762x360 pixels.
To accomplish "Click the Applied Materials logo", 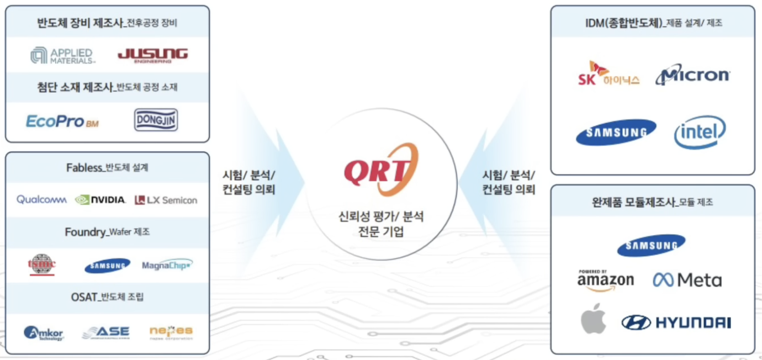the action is click(62, 55).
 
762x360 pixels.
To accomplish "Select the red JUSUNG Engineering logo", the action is click(152, 55).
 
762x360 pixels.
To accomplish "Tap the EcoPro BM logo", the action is click(62, 121).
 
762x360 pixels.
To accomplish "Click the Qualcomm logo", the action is click(41, 200).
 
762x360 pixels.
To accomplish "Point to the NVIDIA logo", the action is click(100, 200).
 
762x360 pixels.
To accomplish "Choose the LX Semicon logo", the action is click(166, 200).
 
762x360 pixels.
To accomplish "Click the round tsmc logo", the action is click(42, 264).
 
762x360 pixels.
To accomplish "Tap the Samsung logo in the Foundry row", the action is click(107, 266).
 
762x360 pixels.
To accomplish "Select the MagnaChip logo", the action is click(167, 265).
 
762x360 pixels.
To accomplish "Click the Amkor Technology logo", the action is click(44, 333).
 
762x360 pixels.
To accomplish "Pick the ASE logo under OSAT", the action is click(105, 332).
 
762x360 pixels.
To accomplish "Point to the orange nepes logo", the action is click(171, 332).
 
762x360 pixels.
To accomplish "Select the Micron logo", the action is click(692, 75).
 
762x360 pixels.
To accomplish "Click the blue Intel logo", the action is click(700, 132).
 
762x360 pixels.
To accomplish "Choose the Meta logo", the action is click(687, 280).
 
